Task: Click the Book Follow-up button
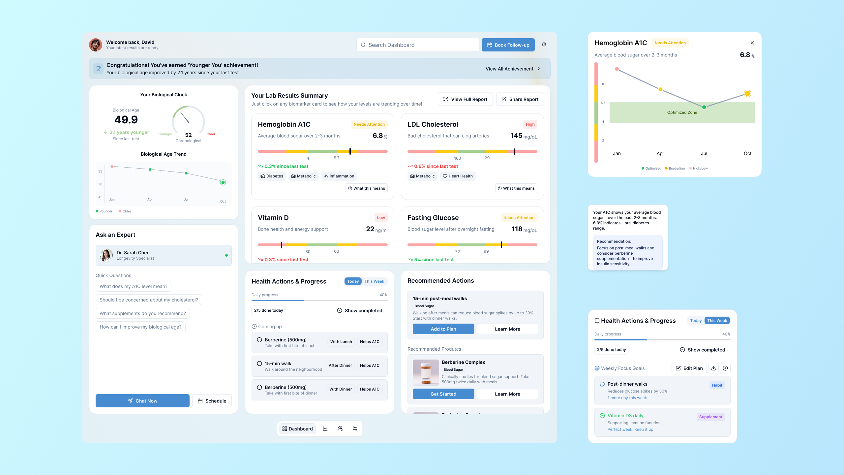coord(508,45)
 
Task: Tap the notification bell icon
coord(544,45)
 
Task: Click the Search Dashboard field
coord(417,45)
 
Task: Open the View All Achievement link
coord(512,69)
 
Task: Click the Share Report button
coord(520,99)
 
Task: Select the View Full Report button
coord(465,99)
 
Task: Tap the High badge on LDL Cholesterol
coord(530,124)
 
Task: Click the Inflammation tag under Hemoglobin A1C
coord(339,176)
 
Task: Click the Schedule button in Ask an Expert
coord(212,401)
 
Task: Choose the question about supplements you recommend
coord(142,313)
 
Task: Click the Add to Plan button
coord(443,329)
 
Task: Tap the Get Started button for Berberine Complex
coord(443,394)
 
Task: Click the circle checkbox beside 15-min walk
coord(259,364)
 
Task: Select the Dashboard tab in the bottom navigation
coord(297,429)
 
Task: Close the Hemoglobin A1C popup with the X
coord(752,43)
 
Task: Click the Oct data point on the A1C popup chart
coord(747,93)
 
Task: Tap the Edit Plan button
coord(689,368)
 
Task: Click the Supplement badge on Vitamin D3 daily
coord(710,417)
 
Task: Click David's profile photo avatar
coord(96,45)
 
